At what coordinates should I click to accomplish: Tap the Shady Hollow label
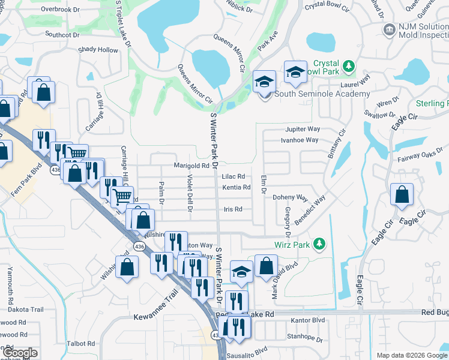click(98, 50)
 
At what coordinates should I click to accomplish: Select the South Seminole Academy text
click(322, 94)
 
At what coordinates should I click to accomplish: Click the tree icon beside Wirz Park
click(320, 243)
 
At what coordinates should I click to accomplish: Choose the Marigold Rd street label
click(191, 166)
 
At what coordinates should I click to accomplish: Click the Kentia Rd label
click(236, 187)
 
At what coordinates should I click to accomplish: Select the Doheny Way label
click(290, 197)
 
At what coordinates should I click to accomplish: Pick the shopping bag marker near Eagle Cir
click(402, 195)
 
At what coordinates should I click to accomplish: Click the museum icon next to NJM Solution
click(388, 29)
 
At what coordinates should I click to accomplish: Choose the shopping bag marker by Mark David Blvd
click(266, 266)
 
